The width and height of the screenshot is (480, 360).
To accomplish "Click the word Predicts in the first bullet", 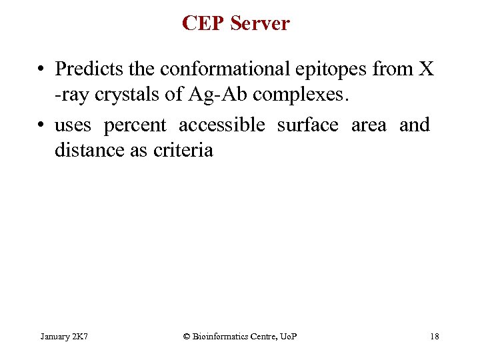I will [x=83, y=69].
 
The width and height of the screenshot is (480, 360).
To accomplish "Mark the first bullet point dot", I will [x=41, y=69].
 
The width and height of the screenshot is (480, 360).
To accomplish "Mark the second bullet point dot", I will [x=41, y=125].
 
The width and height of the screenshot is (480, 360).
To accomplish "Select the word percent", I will [x=135, y=125].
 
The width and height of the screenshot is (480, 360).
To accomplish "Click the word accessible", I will [x=221, y=125].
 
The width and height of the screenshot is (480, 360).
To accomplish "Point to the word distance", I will [x=87, y=151].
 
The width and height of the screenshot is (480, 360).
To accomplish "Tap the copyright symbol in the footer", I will [x=187, y=337].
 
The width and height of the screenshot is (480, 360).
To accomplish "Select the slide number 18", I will [x=435, y=337].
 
